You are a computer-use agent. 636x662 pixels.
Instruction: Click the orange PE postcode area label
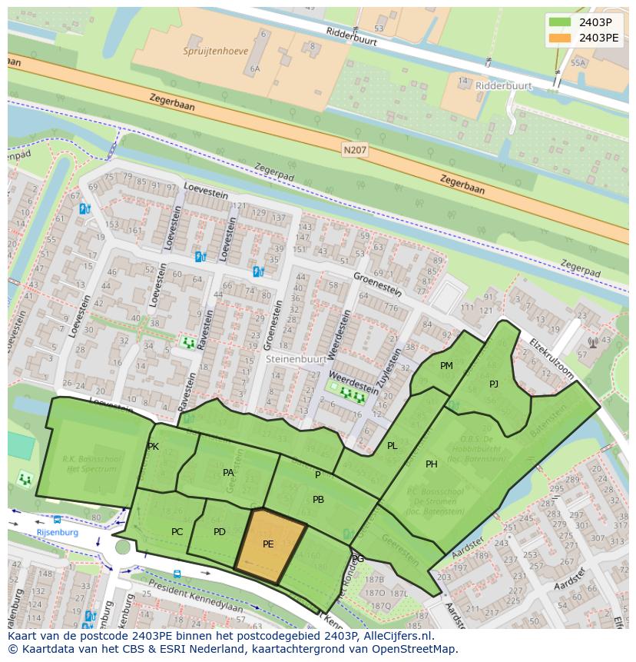(268, 544)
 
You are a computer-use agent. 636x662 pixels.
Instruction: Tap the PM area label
(446, 366)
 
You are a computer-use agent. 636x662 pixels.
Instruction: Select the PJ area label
(494, 384)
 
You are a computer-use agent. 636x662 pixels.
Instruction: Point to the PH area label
(432, 464)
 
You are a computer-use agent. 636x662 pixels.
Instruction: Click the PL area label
(393, 446)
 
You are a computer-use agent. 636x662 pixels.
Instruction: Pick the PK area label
(153, 447)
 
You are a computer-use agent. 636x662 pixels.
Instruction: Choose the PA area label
(228, 473)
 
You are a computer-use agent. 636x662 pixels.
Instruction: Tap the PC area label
(177, 532)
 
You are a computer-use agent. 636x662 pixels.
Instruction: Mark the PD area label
(220, 532)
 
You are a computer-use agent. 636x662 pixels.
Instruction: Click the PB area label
(318, 500)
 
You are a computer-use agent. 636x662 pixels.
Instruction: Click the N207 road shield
(355, 151)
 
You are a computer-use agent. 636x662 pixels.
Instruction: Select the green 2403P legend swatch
(561, 22)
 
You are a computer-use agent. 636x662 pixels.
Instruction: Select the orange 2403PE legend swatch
(561, 37)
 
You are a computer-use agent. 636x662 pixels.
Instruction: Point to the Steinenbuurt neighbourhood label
(295, 358)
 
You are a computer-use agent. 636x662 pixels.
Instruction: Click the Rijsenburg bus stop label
(58, 532)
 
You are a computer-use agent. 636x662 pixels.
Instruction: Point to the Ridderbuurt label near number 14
(504, 86)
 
